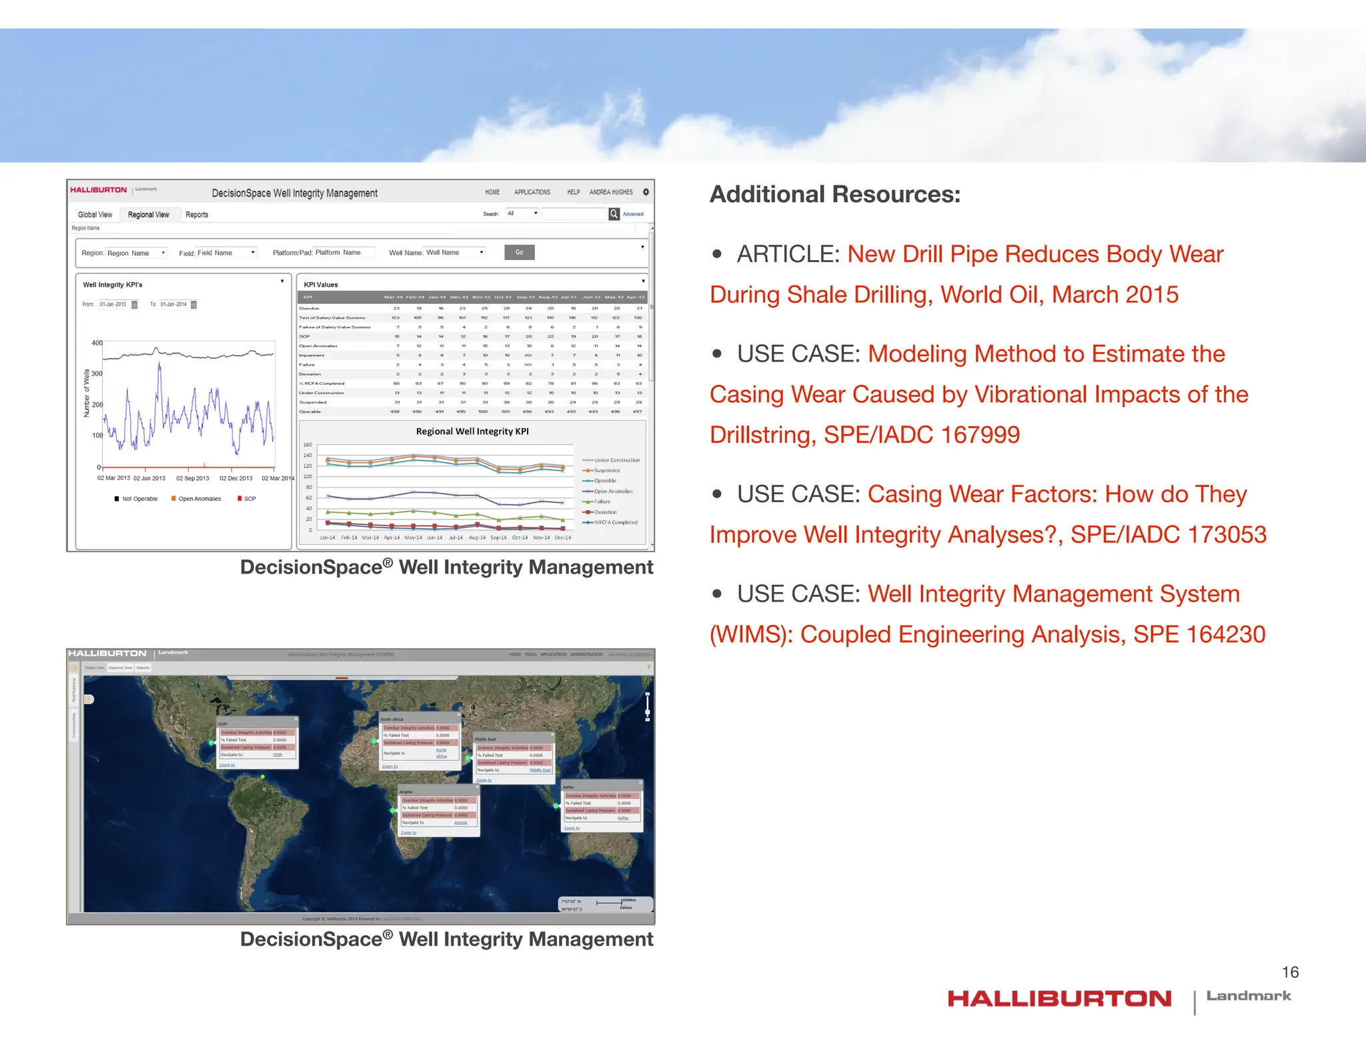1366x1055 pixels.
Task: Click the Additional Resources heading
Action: (834, 195)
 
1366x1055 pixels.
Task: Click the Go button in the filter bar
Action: (519, 253)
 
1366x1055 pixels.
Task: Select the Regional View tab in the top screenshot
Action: (148, 215)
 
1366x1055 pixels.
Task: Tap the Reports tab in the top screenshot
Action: (197, 215)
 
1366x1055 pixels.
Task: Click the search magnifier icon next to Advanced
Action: (614, 214)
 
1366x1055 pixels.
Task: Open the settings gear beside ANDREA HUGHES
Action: (646, 192)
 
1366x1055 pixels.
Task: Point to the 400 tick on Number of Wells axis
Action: (97, 343)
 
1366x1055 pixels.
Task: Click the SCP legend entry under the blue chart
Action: (247, 499)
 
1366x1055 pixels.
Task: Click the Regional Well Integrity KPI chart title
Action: (472, 431)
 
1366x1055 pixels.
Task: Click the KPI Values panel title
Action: (321, 285)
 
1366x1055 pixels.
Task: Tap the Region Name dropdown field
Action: (136, 253)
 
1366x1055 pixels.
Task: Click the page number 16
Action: (1290, 972)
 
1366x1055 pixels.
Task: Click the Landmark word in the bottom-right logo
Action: (1249, 996)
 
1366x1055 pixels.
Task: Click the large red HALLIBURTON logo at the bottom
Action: (1059, 999)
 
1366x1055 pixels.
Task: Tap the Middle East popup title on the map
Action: (486, 739)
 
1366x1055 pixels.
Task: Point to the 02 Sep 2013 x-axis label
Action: (192, 478)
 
